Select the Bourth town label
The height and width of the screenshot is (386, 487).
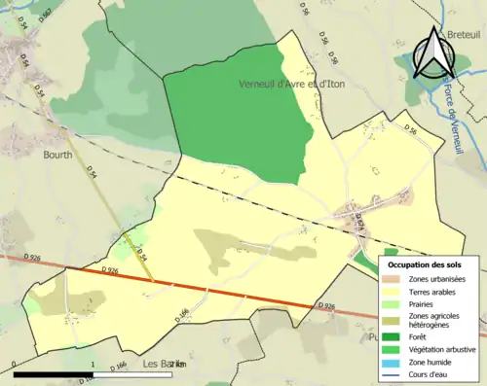coord(58,154)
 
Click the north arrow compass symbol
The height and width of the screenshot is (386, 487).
coord(430,53)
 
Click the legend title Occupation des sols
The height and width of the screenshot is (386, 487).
coord(424,264)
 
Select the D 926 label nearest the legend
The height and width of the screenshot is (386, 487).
coord(327,305)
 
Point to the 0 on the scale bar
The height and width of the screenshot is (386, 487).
coord(15,364)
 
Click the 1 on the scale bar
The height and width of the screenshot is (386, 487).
coord(92,364)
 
